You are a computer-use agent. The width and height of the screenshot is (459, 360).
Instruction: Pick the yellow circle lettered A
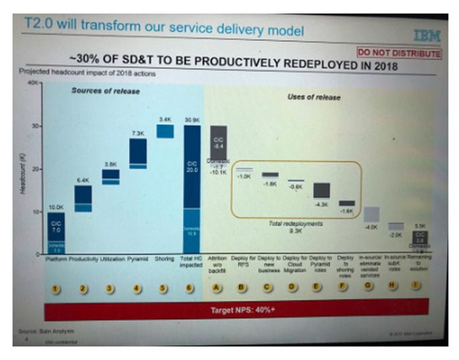coord(217,288)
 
